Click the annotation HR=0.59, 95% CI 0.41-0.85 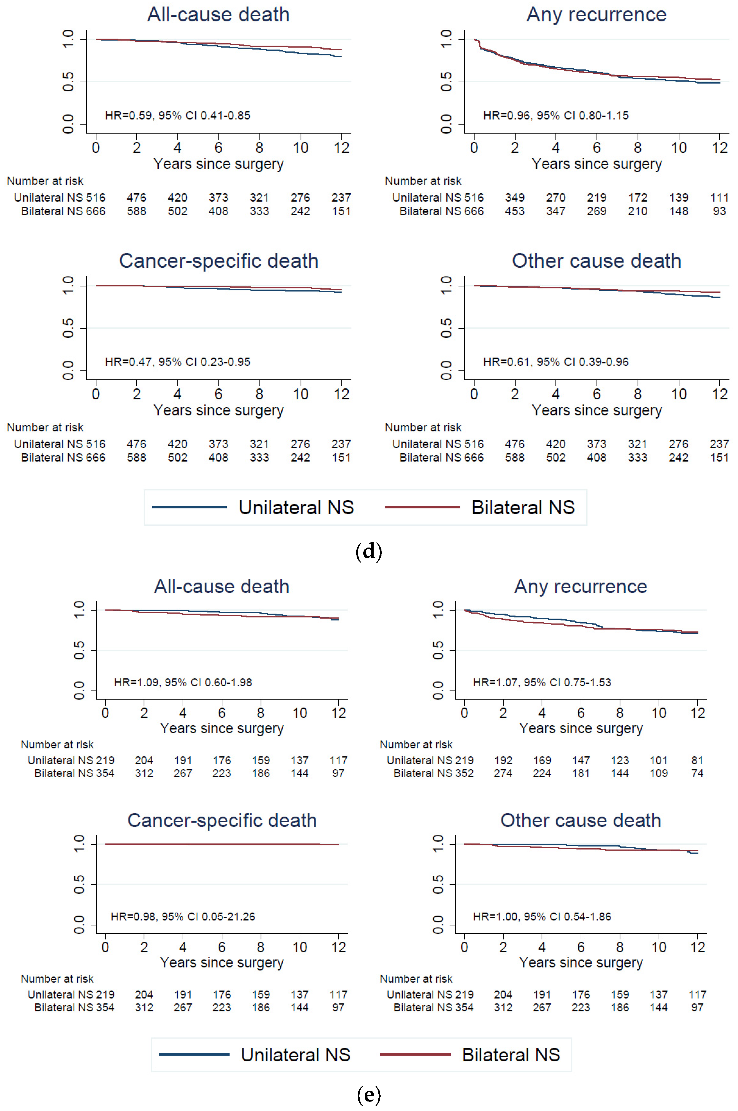pyautogui.click(x=177, y=115)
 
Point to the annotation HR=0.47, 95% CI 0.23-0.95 pyautogui.click(x=177, y=362)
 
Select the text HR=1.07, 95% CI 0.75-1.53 pyautogui.click(x=542, y=682)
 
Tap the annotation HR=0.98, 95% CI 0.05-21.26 pyautogui.click(x=183, y=917)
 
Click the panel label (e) pyautogui.click(x=369, y=1095)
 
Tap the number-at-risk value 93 pyautogui.click(x=719, y=211)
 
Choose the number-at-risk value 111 pyautogui.click(x=719, y=198)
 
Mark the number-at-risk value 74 pyautogui.click(x=697, y=773)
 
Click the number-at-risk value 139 pyautogui.click(x=678, y=198)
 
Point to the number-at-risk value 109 pyautogui.click(x=659, y=773)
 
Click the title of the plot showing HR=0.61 pyautogui.click(x=596, y=261)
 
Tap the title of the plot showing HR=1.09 pyautogui.click(x=222, y=586)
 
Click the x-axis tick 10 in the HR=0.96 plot pyautogui.click(x=678, y=148)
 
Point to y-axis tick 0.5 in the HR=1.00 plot pyautogui.click(x=438, y=884)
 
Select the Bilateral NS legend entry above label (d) pyautogui.click(x=523, y=507)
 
